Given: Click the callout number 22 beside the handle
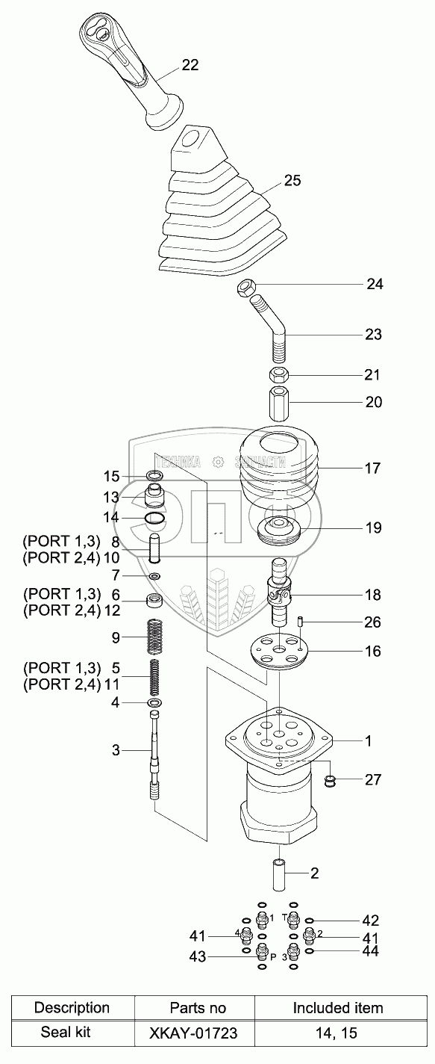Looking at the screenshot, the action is click(190, 64).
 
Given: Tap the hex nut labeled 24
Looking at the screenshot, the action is click(246, 288).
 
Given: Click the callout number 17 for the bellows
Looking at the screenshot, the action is click(373, 468).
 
